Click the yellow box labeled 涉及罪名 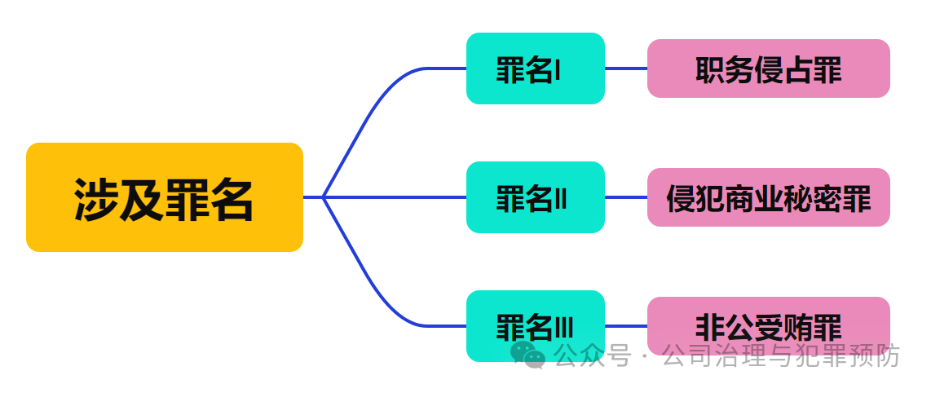tap(164, 197)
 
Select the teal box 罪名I tap(535, 68)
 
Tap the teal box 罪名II tap(535, 197)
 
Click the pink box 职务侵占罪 tap(768, 68)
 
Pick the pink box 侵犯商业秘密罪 tap(768, 197)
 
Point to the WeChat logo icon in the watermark tap(528, 355)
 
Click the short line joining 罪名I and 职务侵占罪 tap(625, 68)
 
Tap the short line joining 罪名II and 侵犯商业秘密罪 tap(625, 197)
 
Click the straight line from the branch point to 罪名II tap(395, 197)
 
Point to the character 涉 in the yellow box tap(96, 199)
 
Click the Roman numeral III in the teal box tap(564, 328)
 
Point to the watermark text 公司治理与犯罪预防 tap(781, 355)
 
